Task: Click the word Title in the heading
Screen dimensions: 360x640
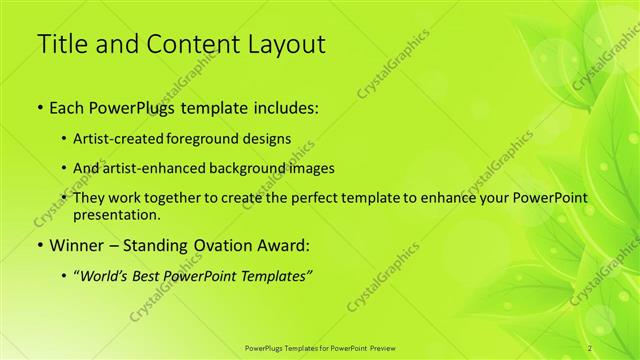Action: pos(60,44)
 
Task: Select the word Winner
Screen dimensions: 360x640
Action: pos(76,244)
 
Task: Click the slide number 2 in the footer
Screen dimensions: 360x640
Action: pos(591,347)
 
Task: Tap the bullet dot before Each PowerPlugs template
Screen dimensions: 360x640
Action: pos(39,106)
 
